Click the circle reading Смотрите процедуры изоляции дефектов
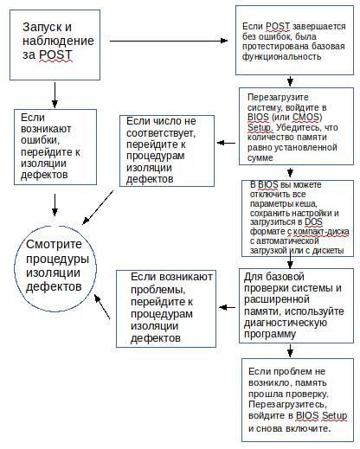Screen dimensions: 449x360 (x=54, y=260)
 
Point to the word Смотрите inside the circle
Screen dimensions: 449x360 (x=54, y=244)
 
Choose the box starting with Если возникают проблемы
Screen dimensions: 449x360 (x=166, y=306)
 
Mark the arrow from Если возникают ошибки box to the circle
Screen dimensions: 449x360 (x=56, y=204)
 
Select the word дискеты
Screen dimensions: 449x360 (x=325, y=245)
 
